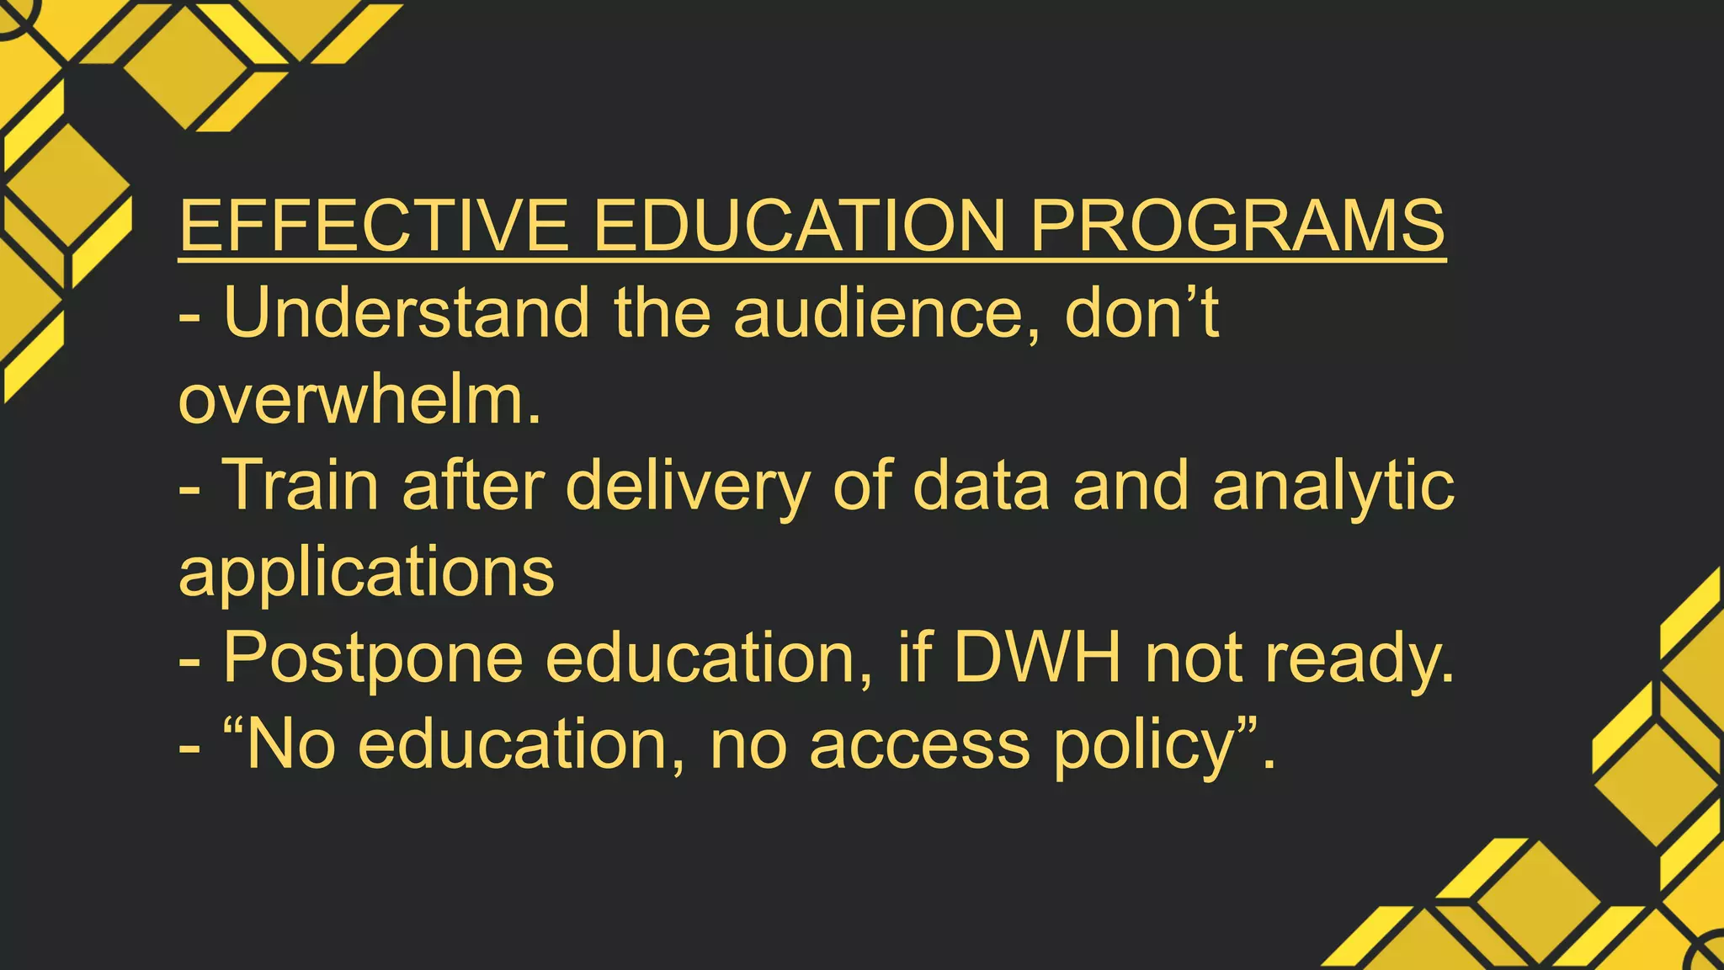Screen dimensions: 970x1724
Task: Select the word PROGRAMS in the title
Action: coord(1237,225)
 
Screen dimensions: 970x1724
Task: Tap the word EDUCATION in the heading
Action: coord(800,225)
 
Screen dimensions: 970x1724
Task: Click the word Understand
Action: coord(407,312)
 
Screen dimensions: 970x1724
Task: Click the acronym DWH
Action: coord(1037,658)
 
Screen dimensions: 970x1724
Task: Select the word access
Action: coord(919,745)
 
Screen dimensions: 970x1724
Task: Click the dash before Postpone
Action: coord(189,661)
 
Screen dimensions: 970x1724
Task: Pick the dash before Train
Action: coord(189,488)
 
